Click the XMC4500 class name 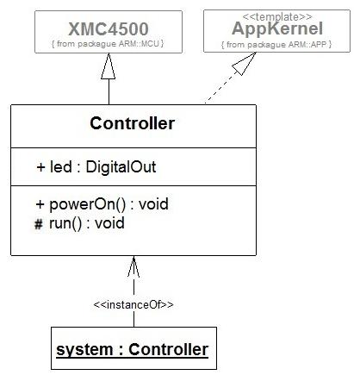(x=109, y=28)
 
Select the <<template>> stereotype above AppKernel (x=277, y=17)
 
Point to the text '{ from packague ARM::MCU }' (x=108, y=44)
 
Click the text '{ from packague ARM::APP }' (x=276, y=45)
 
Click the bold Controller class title (x=132, y=123)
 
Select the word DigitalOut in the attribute (x=121, y=167)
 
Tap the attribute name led (x=61, y=167)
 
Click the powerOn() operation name (x=88, y=204)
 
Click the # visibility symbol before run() (x=39, y=224)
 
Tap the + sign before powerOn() (x=40, y=204)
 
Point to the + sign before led (x=41, y=167)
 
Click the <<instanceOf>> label (x=133, y=304)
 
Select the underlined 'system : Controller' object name (x=133, y=349)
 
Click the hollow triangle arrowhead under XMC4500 (x=109, y=66)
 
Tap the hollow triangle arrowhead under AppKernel (x=244, y=63)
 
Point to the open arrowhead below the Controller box (x=133, y=266)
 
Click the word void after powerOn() (x=153, y=204)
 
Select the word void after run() (x=109, y=223)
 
